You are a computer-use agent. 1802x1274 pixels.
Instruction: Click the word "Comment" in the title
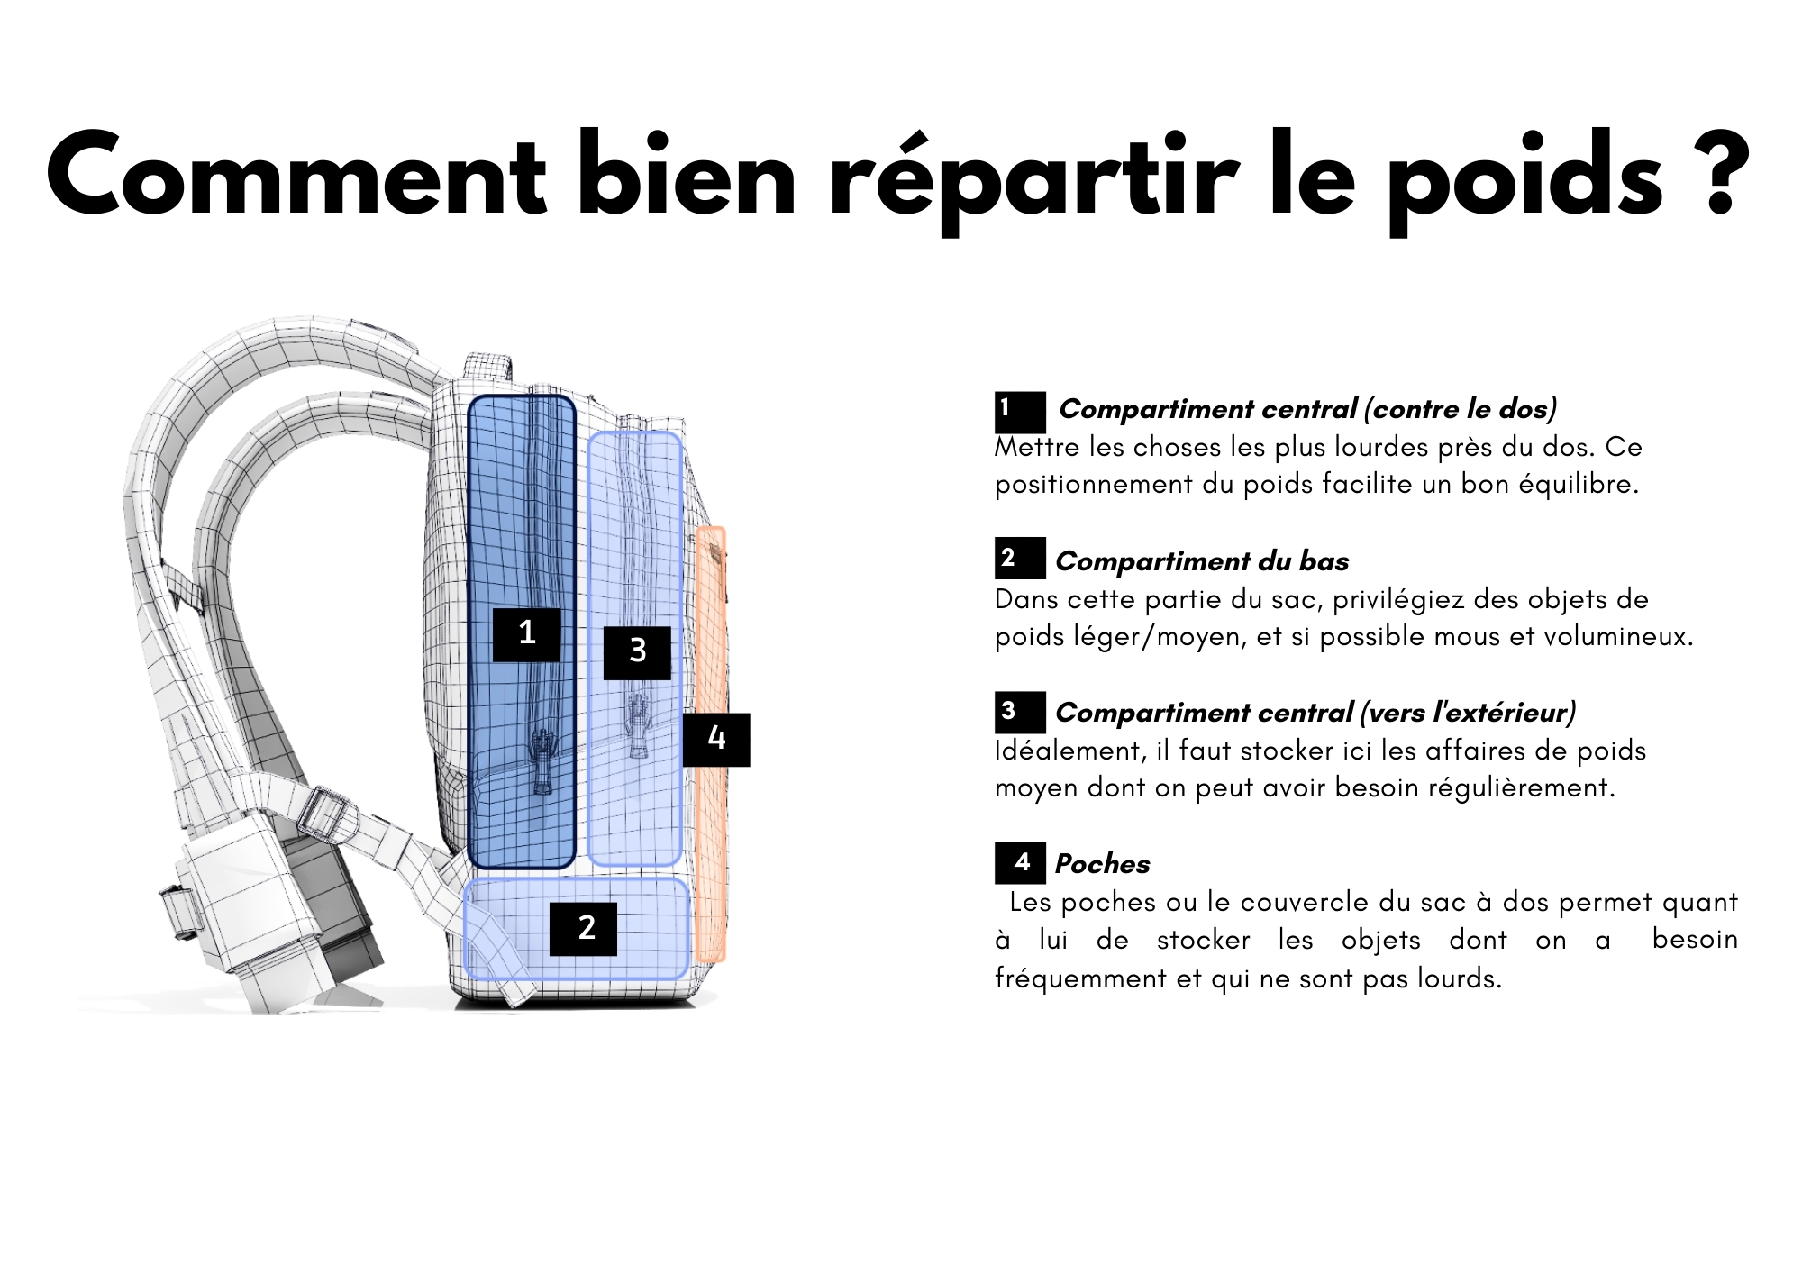coord(296,176)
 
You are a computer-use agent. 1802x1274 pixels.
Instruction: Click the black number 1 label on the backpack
coord(527,635)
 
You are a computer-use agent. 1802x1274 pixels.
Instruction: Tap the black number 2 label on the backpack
coord(584,929)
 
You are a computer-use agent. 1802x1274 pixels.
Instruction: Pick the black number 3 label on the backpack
coord(637,652)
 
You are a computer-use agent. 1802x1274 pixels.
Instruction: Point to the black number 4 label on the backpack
coord(716,740)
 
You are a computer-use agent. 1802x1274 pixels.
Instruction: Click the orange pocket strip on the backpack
coord(711,744)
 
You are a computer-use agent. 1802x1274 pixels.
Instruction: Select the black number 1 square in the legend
coord(1020,412)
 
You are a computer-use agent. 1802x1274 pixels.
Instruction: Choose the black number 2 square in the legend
coord(1020,558)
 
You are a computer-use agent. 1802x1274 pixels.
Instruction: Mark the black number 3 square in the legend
coord(1020,712)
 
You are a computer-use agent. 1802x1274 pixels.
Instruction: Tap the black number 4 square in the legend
coord(1020,863)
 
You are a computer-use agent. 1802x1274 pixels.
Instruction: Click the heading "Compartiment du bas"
coord(1202,561)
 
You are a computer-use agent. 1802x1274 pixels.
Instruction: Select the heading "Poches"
coord(1103,864)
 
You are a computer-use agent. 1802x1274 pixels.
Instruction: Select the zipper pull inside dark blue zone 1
coord(542,761)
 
